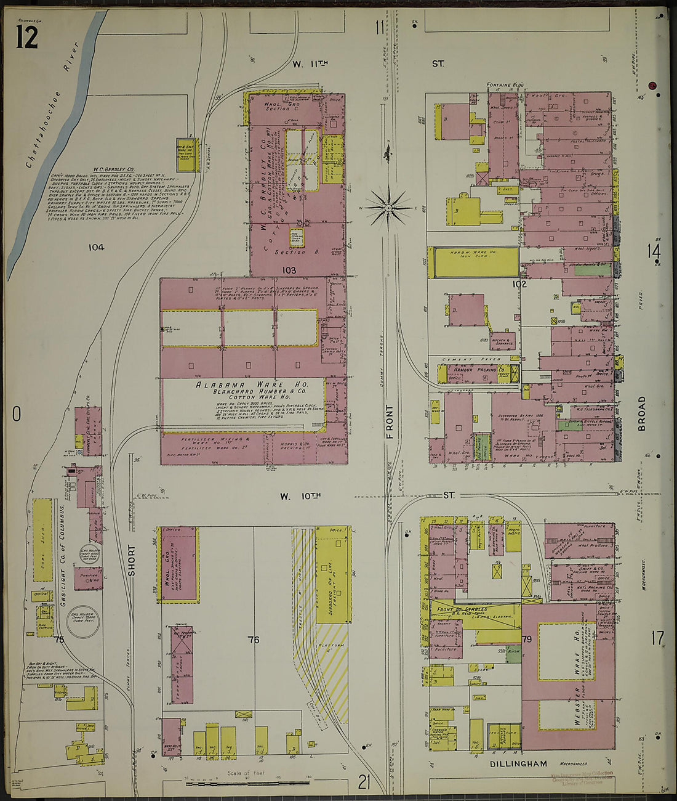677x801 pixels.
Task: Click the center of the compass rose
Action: (388, 208)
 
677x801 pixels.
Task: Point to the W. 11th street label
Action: (310, 63)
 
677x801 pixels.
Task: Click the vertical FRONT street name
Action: (388, 422)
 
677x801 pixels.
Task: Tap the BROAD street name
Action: (642, 412)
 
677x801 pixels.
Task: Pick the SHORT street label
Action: (130, 561)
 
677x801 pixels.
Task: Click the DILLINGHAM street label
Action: (518, 764)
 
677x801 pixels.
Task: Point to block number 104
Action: (95, 247)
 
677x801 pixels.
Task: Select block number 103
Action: (289, 270)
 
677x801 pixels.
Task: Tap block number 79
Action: (527, 640)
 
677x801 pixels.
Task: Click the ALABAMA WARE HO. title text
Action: (242, 385)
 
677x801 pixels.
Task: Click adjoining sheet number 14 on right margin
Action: (653, 251)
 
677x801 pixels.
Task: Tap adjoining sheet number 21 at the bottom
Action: (364, 783)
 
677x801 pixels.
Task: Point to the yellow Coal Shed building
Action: (42, 540)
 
